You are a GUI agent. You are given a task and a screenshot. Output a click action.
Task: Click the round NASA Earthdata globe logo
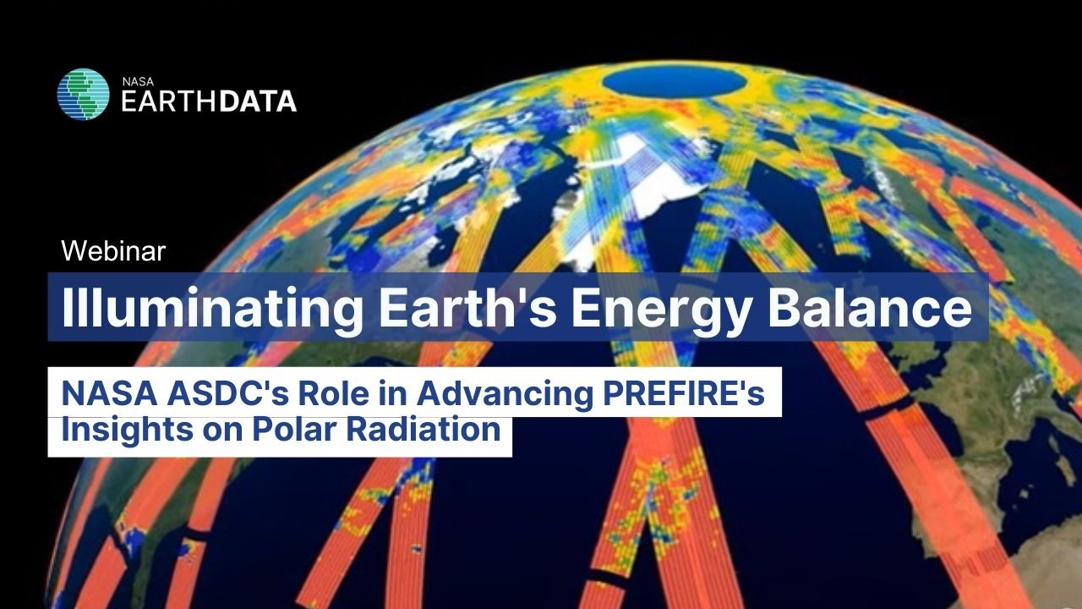click(83, 94)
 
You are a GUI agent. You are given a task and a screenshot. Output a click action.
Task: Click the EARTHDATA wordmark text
click(209, 101)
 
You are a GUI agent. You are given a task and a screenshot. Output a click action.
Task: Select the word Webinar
click(113, 250)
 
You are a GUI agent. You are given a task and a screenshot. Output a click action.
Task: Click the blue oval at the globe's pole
click(674, 82)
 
